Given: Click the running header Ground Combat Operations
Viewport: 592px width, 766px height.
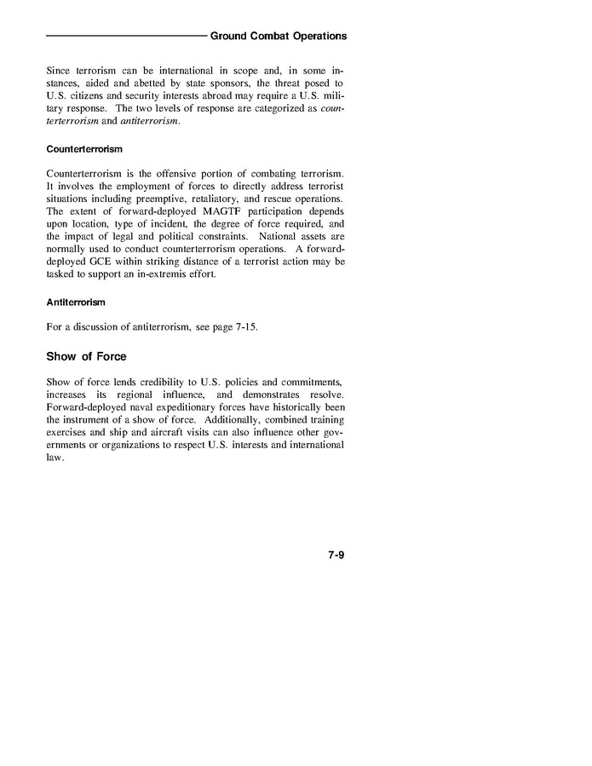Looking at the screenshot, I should pyautogui.click(x=279, y=37).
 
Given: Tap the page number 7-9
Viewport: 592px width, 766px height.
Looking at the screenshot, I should pyautogui.click(x=335, y=556).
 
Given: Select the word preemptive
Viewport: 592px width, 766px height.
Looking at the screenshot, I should pyautogui.click(x=156, y=198).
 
